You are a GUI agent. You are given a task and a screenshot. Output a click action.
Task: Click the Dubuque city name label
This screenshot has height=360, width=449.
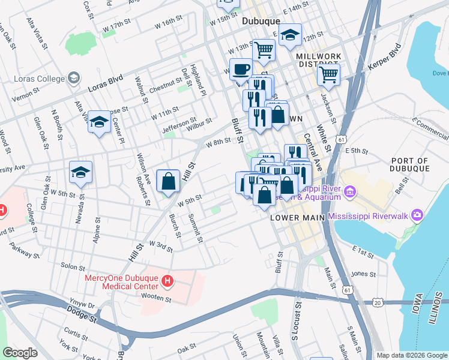point(261,21)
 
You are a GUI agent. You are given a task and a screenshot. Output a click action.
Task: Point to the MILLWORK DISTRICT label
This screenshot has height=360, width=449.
point(319,60)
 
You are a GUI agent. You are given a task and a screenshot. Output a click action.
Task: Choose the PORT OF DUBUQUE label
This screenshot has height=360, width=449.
point(409,164)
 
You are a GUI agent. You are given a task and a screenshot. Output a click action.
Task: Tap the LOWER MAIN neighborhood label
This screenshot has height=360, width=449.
point(298,217)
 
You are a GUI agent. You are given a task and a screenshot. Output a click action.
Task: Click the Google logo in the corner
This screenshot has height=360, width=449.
point(20,353)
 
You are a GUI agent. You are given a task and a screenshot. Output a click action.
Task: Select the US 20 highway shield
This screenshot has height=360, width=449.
point(377,302)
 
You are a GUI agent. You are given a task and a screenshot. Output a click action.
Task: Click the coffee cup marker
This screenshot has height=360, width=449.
point(241,69)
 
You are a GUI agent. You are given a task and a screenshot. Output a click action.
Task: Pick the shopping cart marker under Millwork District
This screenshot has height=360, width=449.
point(328,75)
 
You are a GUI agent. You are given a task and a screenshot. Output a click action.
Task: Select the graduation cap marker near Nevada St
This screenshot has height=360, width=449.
point(80,173)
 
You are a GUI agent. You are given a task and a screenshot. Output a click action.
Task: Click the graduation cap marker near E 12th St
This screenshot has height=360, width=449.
point(290,35)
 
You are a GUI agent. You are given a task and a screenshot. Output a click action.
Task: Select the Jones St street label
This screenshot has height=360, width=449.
point(363,274)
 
